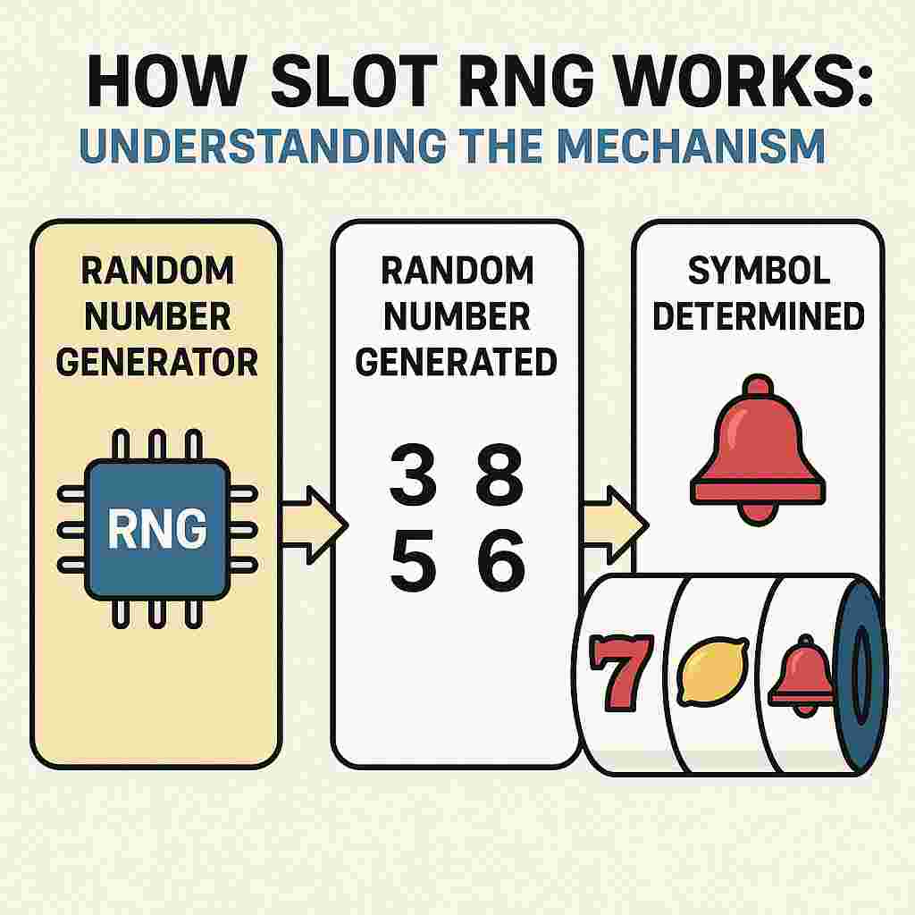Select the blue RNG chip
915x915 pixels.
click(x=157, y=530)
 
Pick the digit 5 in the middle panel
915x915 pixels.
click(x=414, y=564)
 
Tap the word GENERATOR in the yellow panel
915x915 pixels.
click(x=156, y=362)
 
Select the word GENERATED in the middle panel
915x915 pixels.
click(x=456, y=362)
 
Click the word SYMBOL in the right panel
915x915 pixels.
click(x=759, y=270)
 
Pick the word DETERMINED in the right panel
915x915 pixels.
click(x=759, y=316)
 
